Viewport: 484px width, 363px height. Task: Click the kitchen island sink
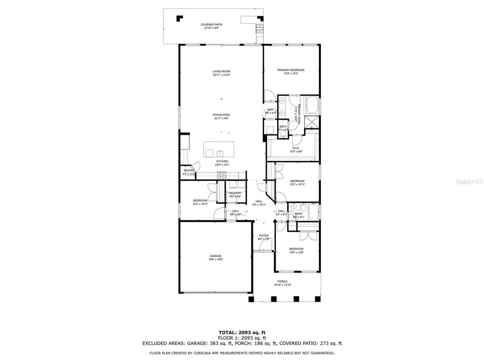[x=220, y=153]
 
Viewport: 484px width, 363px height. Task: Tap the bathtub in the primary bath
[x=312, y=105]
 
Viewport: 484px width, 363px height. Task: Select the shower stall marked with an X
[x=312, y=122]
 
